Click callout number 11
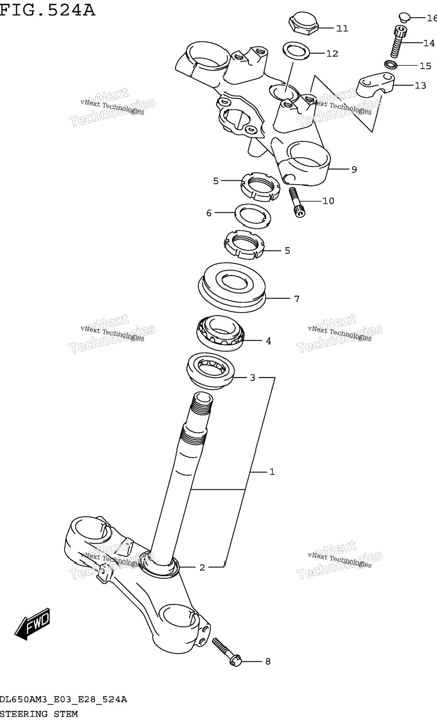pos(342,29)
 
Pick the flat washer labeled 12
pos(296,51)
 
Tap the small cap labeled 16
pos(403,17)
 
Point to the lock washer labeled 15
pos(391,65)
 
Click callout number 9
pos(354,169)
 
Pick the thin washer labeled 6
pos(253,216)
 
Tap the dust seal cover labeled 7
pos(232,287)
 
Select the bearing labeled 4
pos(220,333)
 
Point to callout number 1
pos(272,472)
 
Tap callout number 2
pos(202,567)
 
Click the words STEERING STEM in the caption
pos(38,714)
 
